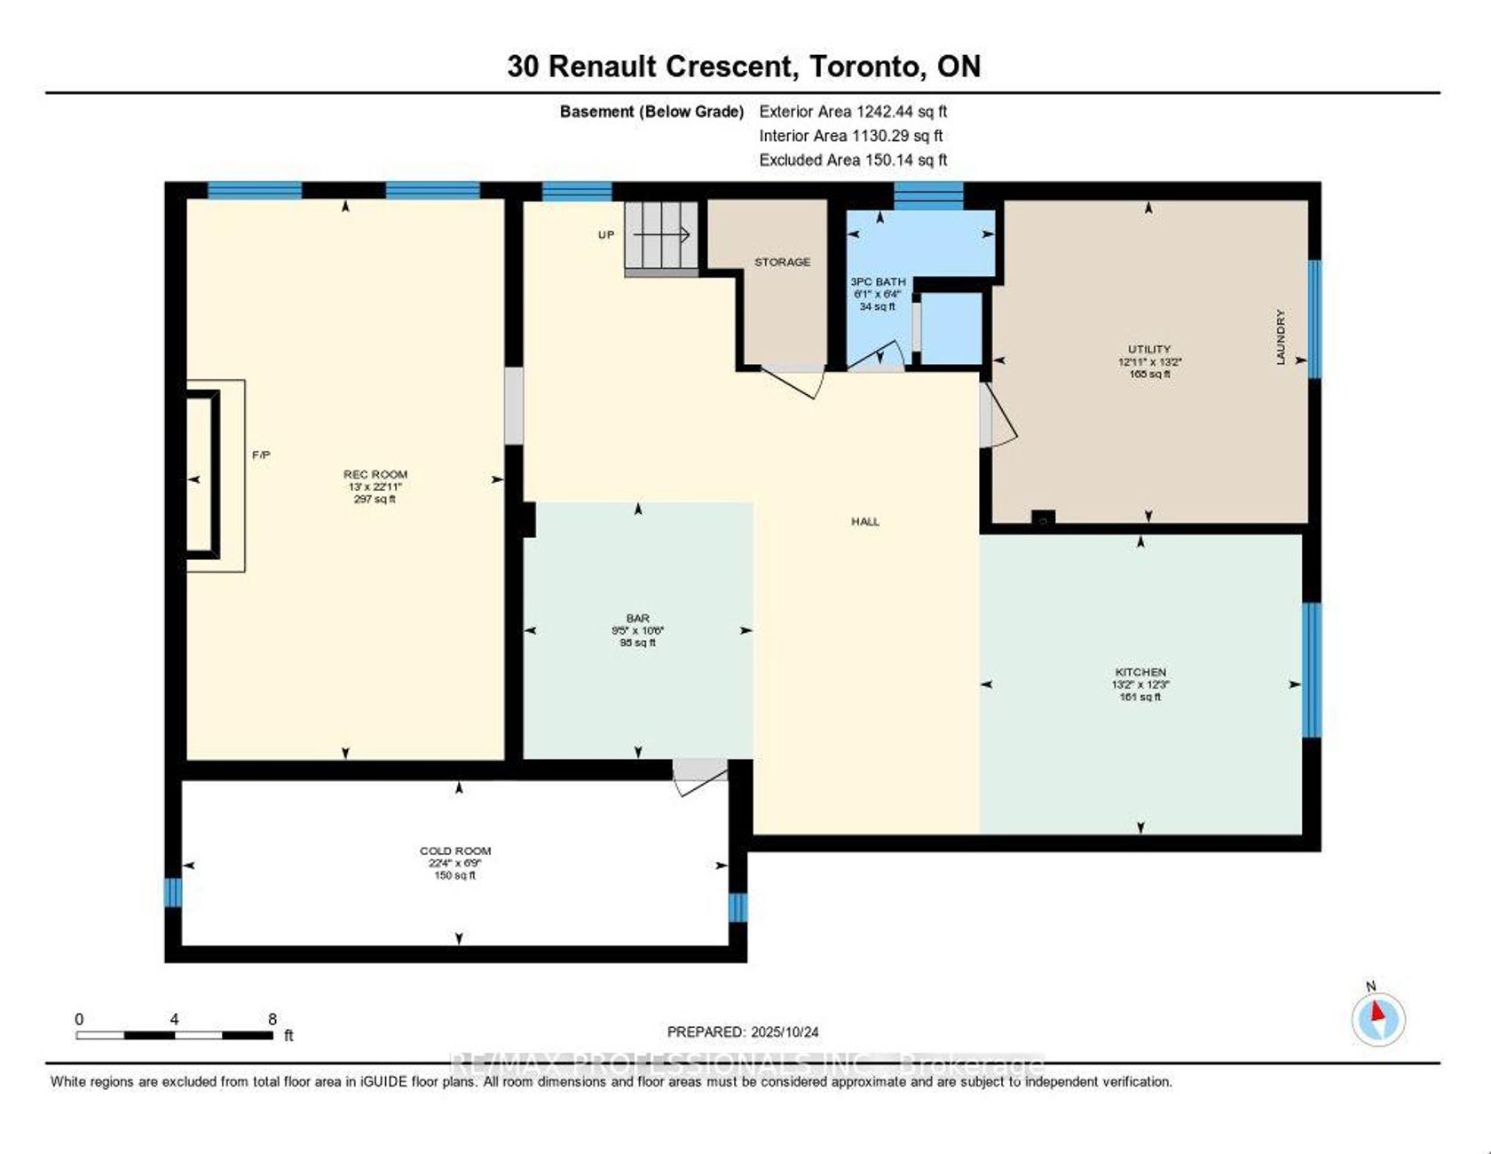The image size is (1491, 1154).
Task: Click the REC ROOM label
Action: point(375,475)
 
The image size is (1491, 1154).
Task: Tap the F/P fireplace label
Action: point(261,454)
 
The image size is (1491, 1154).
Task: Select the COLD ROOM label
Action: point(455,850)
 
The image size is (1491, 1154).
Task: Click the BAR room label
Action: point(637,618)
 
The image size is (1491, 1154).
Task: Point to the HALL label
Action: point(865,522)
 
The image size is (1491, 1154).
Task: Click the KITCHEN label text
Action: point(1140,672)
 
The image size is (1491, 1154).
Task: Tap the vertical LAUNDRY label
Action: point(1281,336)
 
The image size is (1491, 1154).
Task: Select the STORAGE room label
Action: point(782,262)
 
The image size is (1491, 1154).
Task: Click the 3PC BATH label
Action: point(878,281)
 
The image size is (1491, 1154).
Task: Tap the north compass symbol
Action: point(1377,1017)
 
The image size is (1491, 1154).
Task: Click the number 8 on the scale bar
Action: point(272,1019)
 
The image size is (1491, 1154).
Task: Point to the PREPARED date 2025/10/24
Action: point(743,1031)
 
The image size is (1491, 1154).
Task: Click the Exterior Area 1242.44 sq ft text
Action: point(853,112)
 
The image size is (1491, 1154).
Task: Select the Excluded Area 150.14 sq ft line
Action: point(853,160)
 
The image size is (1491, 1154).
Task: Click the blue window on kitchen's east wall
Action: point(1311,670)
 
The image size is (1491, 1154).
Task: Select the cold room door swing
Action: point(699,777)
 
